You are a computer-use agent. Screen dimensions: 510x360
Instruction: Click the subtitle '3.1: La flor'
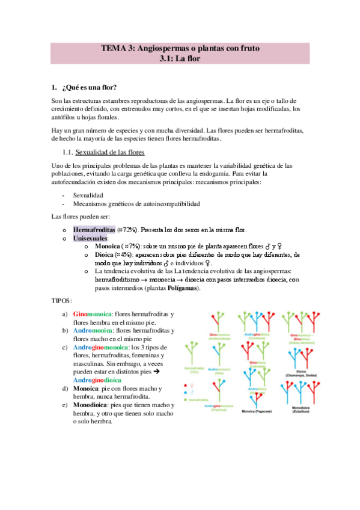coord(180,58)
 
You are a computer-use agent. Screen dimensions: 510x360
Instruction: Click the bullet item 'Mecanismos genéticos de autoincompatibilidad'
coord(136,204)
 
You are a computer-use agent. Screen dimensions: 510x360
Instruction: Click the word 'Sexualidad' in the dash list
coord(88,195)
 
